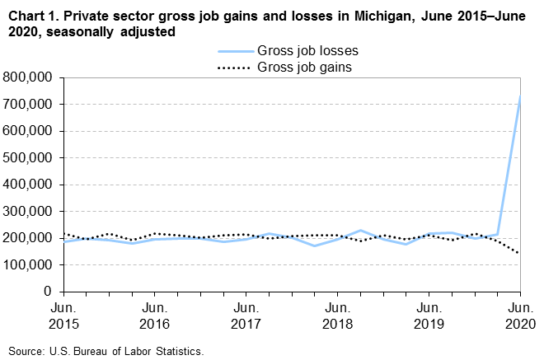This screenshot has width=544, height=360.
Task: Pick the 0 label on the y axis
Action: coord(49,292)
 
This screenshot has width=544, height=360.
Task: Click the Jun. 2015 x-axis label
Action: coord(63,316)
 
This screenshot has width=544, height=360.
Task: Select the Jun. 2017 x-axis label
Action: coord(246,316)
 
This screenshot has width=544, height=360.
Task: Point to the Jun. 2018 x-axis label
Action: coord(337,316)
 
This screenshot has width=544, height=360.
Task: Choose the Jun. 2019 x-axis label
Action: coord(429,316)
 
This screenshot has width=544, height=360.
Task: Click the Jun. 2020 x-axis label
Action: coord(519,316)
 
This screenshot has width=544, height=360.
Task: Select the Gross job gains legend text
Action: coord(305,67)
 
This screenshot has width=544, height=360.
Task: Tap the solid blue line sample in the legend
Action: coord(233,51)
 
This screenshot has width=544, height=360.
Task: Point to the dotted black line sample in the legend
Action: coord(233,67)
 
